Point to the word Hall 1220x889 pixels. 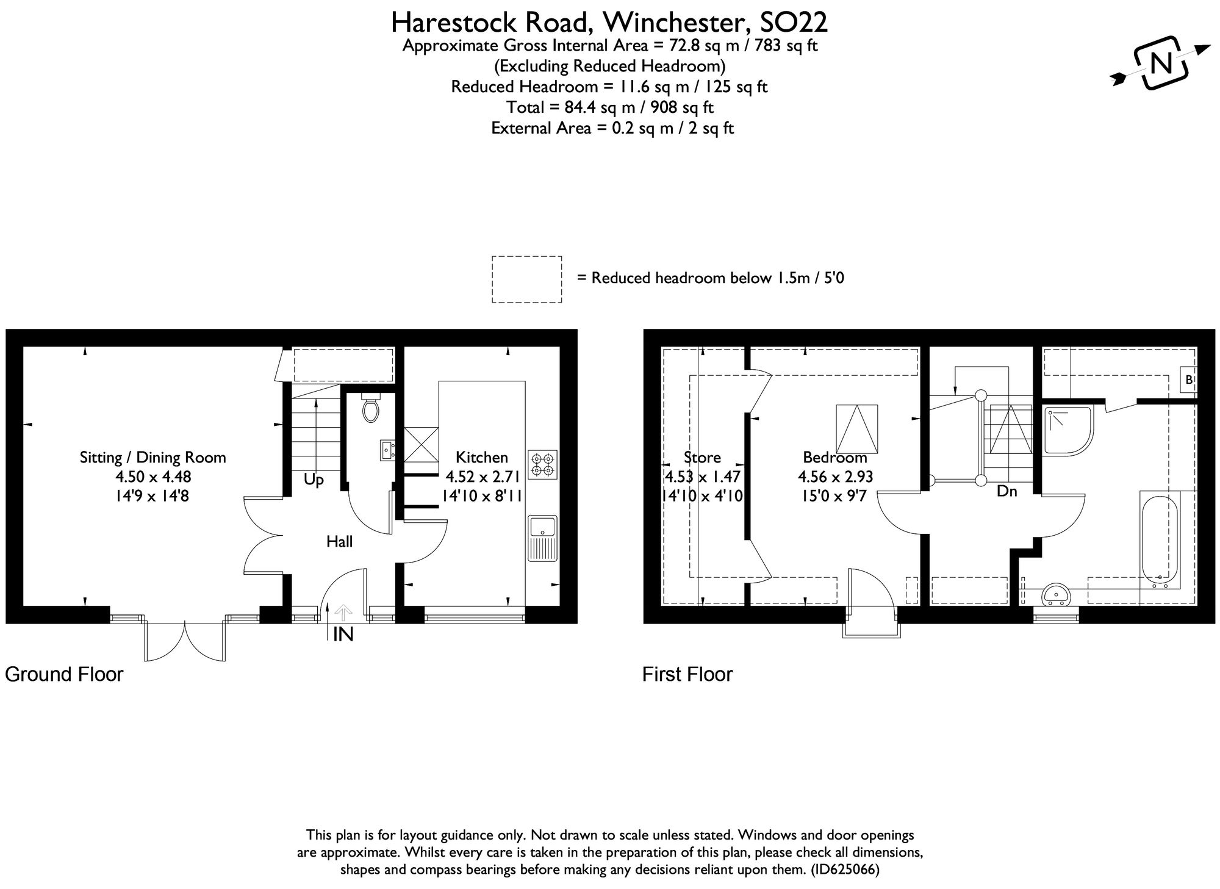pos(339,541)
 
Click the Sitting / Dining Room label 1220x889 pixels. pos(152,458)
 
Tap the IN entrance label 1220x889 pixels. pos(343,635)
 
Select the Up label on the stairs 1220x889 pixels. pos(314,480)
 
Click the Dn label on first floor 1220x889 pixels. pos(1006,491)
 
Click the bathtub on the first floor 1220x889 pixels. pos(1158,541)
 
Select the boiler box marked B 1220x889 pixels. pos(1188,380)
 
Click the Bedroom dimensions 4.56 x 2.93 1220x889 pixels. pos(835,477)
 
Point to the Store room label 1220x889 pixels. pos(702,458)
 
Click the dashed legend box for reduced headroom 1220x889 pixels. pos(526,279)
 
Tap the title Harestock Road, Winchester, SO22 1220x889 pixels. pos(609,23)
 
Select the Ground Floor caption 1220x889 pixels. pos(64,674)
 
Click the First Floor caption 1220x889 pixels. pos(687,674)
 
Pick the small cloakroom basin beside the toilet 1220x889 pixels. pos(387,450)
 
